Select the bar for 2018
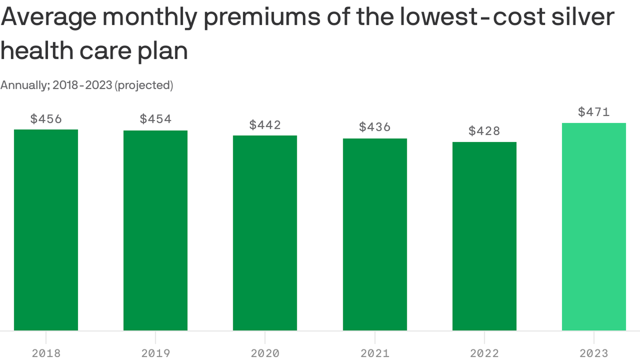[46, 230]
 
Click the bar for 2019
[156, 230]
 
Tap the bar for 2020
[265, 233]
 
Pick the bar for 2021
[375, 234]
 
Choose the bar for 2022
[484, 236]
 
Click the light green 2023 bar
[594, 227]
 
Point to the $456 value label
[46, 119]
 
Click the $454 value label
[156, 119]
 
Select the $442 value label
[265, 125]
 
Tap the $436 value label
[375, 127]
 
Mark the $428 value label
[484, 131]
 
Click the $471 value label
[594, 112]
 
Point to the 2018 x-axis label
[46, 353]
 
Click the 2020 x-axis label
[265, 353]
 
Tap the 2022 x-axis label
[484, 353]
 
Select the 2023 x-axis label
[594, 353]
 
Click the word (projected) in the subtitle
[144, 85]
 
